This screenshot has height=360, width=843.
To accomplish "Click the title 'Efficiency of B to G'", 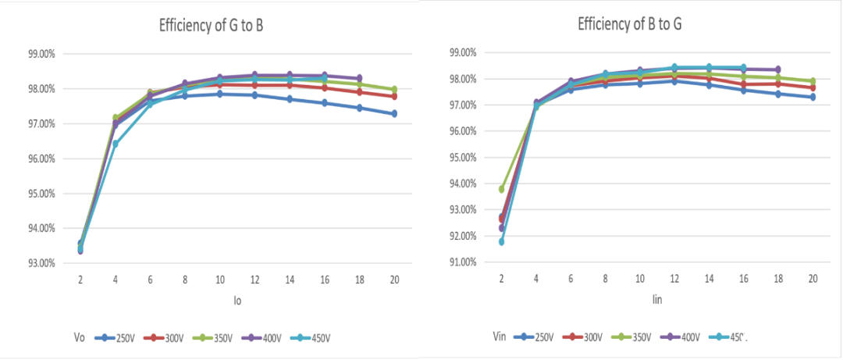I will [629, 23].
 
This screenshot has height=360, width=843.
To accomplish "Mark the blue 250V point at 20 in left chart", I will [393, 114].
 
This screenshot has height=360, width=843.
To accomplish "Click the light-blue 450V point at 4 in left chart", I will [116, 144].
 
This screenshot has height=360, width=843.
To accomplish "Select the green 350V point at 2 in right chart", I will [501, 189].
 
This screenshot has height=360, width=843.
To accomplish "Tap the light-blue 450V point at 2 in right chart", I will [501, 242].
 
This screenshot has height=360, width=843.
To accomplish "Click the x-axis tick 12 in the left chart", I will [254, 278].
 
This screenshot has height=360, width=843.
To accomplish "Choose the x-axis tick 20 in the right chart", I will [812, 278].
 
